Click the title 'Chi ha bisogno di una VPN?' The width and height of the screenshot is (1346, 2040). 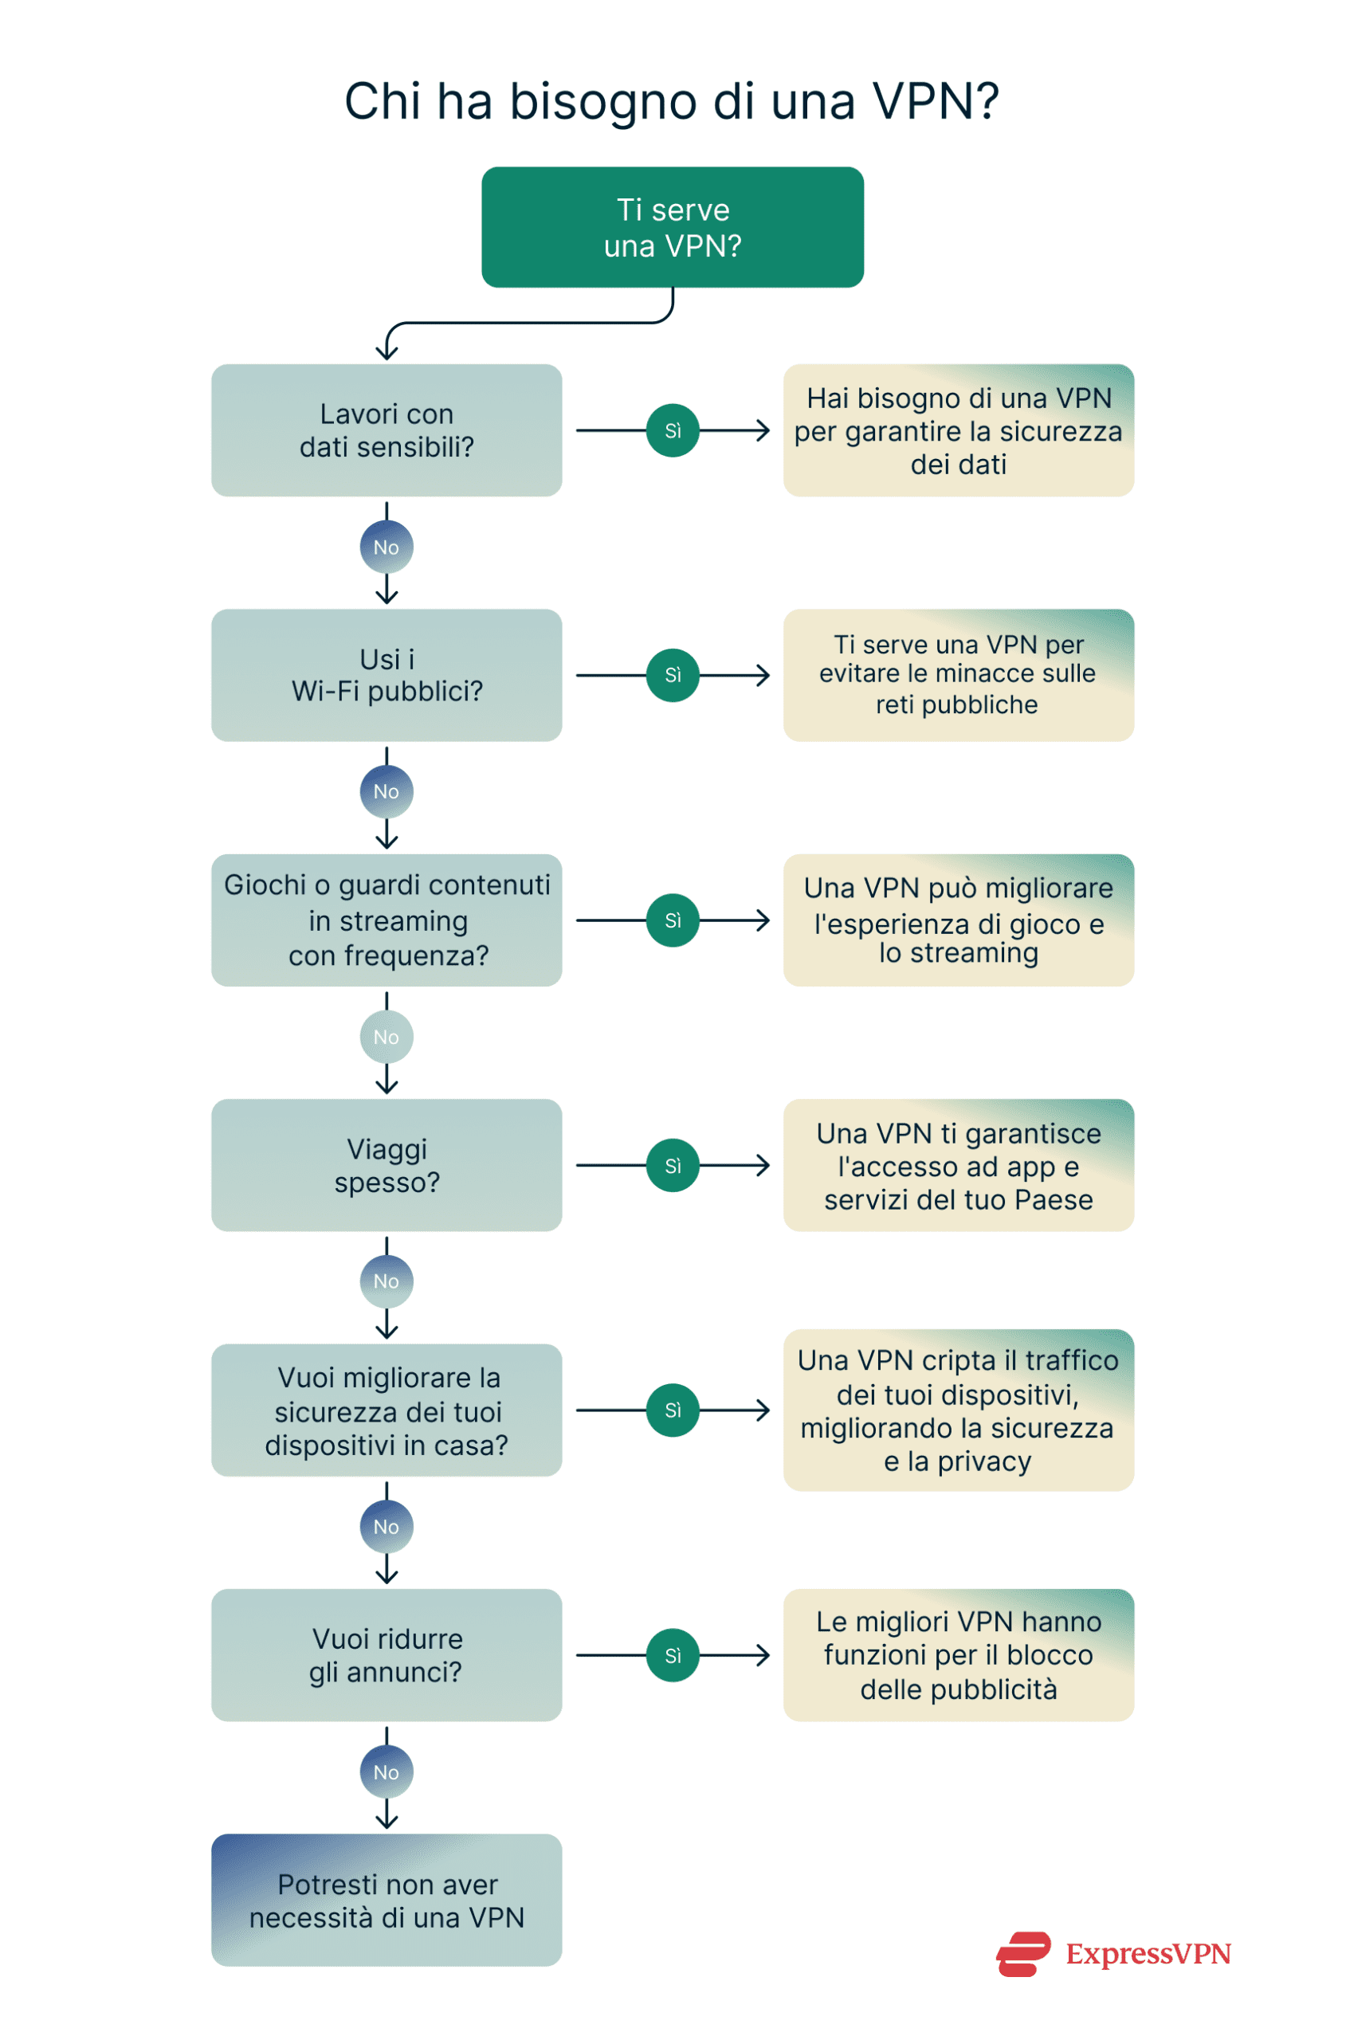[x=671, y=101]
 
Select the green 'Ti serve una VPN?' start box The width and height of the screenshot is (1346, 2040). [x=672, y=227]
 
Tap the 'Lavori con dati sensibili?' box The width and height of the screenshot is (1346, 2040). [x=387, y=430]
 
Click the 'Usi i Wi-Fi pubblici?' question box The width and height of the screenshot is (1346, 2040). [x=387, y=676]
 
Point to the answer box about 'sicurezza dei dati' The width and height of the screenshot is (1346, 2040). [x=958, y=430]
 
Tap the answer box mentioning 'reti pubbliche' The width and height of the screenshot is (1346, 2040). [x=958, y=676]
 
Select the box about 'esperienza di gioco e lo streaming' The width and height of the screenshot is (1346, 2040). [x=958, y=920]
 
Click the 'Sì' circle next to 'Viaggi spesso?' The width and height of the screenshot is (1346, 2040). [x=672, y=1166]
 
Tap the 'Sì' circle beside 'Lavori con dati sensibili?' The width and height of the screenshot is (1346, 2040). [x=672, y=431]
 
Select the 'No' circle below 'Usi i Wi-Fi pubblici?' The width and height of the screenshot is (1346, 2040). [x=387, y=791]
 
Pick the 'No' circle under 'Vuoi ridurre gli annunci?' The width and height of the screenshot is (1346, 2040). [x=387, y=1771]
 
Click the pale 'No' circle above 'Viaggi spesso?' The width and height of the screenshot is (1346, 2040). [x=387, y=1037]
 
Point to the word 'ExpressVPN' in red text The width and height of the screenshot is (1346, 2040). [x=1148, y=1954]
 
